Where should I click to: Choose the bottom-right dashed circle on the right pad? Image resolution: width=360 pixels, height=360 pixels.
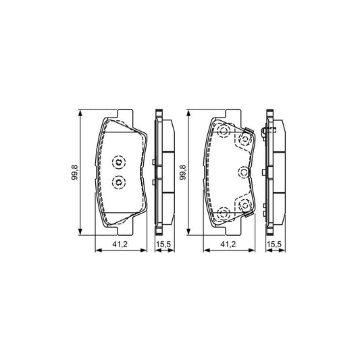[244, 205]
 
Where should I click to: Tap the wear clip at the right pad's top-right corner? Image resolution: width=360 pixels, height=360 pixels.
[251, 130]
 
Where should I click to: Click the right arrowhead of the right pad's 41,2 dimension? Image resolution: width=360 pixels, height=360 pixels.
[256, 249]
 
